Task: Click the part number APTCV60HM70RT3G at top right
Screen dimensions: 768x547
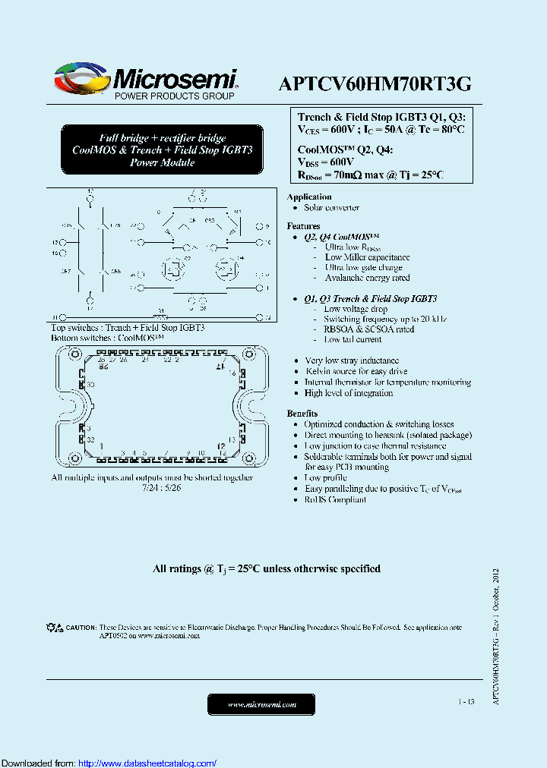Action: tap(376, 84)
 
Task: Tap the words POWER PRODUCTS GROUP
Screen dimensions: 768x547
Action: tap(174, 96)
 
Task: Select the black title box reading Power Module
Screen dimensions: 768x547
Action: tap(163, 150)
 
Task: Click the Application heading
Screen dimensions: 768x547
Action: tap(309, 197)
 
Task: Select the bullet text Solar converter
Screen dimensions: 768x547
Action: tap(331, 208)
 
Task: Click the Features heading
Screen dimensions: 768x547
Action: tap(303, 226)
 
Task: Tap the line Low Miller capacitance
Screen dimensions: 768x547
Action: tap(367, 258)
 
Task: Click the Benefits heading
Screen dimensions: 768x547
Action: tap(302, 414)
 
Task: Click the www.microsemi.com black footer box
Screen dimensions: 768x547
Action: tap(262, 705)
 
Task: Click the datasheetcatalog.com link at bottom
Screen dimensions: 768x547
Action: tap(147, 763)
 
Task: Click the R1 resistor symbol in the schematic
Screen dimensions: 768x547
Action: tap(160, 316)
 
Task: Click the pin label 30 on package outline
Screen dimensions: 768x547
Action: tap(90, 386)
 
